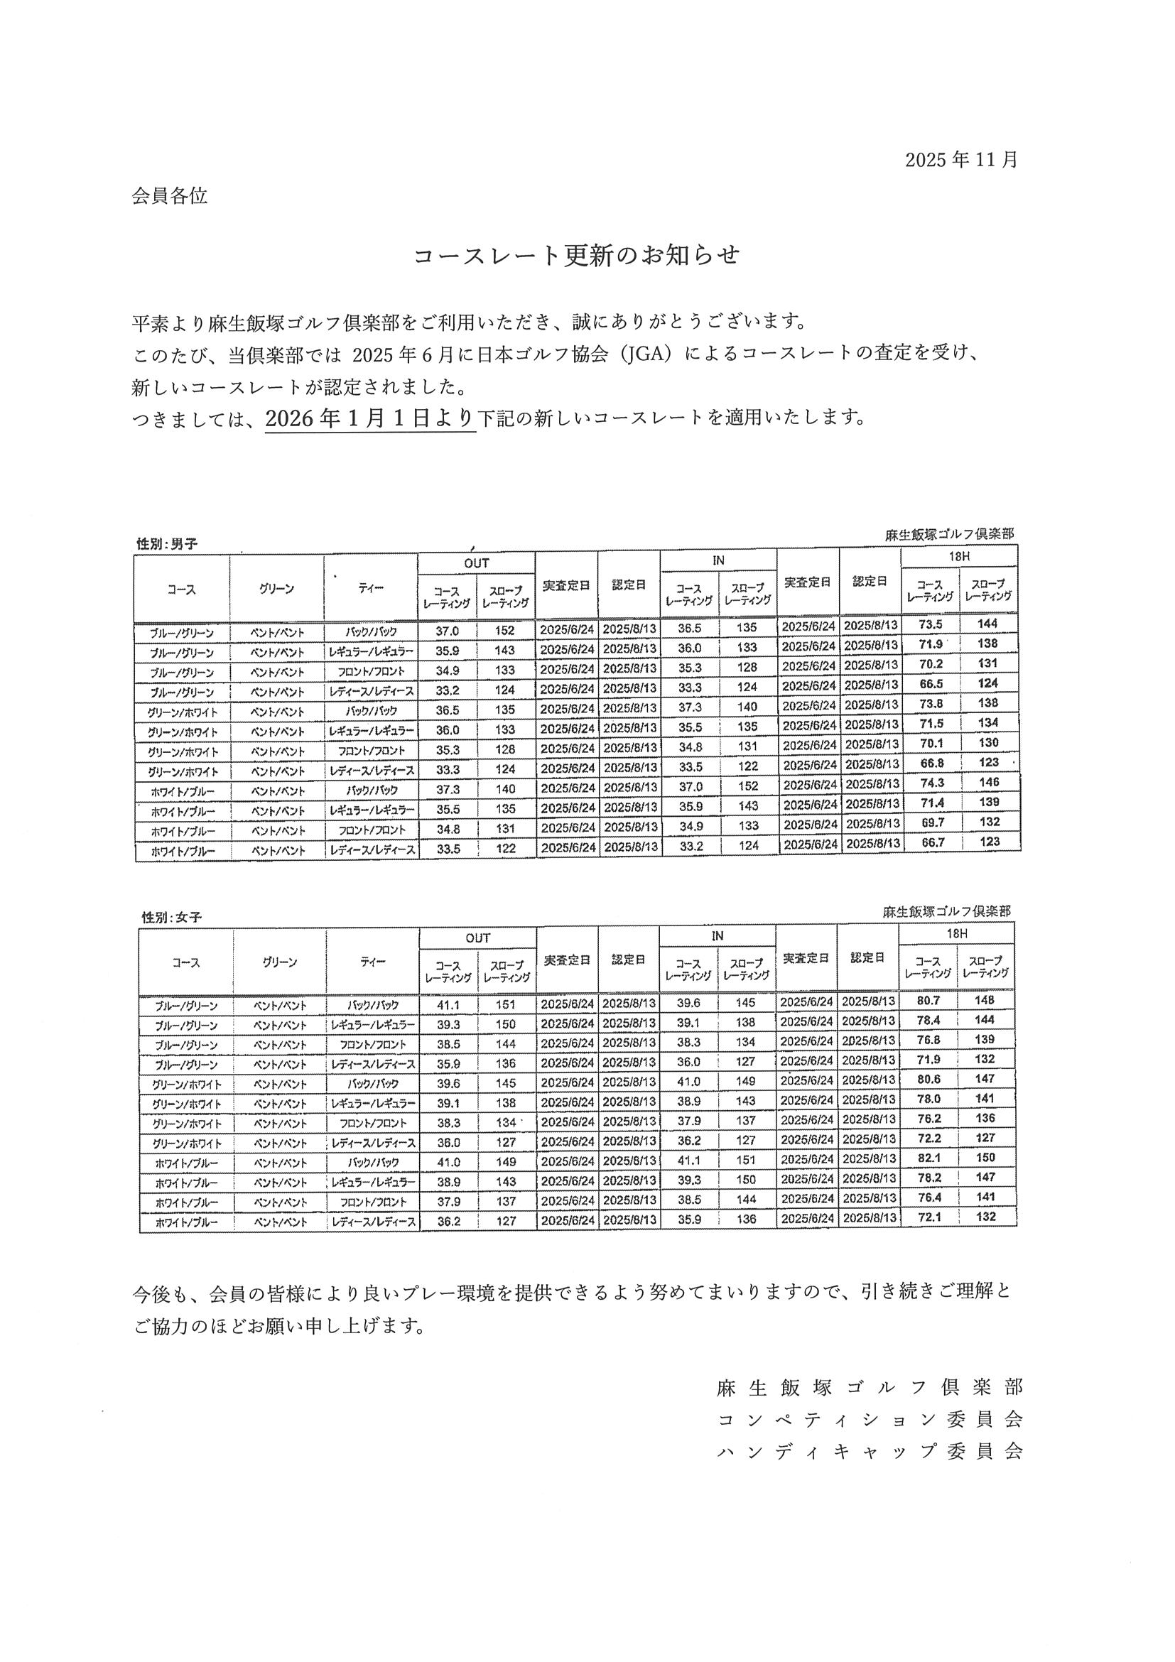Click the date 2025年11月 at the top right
coord(960,159)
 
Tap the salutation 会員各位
coord(169,196)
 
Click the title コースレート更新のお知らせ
coord(576,256)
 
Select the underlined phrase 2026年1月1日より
coord(370,418)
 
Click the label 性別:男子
coord(166,543)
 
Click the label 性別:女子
coord(172,917)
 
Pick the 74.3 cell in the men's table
coord(930,783)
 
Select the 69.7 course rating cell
coord(930,822)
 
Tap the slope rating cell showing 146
coord(988,783)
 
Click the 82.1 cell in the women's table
coord(927,1158)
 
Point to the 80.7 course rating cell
coord(927,1000)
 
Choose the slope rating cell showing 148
coord(985,1000)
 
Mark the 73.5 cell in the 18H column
coord(930,624)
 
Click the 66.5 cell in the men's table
coord(930,683)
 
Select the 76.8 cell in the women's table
coord(927,1040)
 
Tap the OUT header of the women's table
coord(478,938)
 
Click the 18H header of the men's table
coord(958,558)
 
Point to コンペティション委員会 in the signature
coord(870,1420)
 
